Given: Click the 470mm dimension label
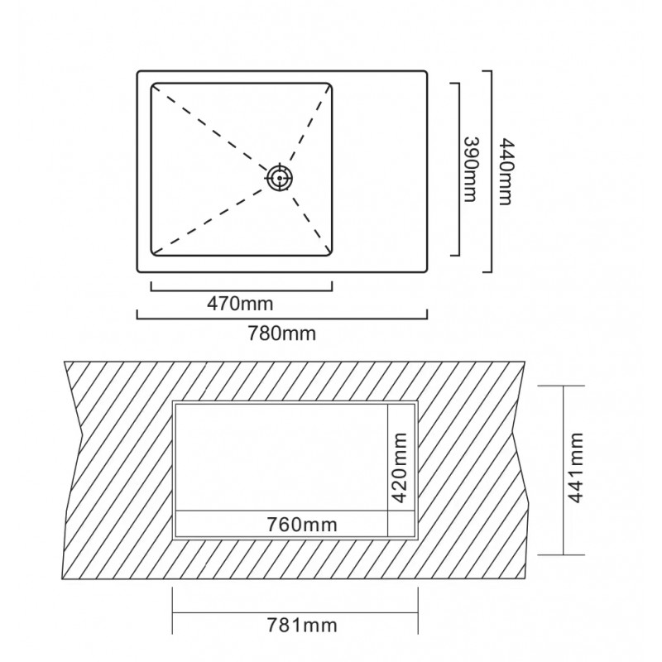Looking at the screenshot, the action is pyautogui.click(x=240, y=304).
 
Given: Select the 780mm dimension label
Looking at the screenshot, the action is pyautogui.click(x=281, y=333).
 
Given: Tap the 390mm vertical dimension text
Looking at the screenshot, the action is pyautogui.click(x=471, y=170).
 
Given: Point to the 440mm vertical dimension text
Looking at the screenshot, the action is pyautogui.click(x=506, y=171).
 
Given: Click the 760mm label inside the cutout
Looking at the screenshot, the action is pyautogui.click(x=302, y=525).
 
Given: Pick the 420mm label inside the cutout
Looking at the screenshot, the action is pyautogui.click(x=400, y=468).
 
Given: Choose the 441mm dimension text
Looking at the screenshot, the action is pyautogui.click(x=575, y=468).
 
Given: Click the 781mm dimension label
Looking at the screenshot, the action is pyautogui.click(x=302, y=626).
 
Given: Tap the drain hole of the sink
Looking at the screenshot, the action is pyautogui.click(x=280, y=178).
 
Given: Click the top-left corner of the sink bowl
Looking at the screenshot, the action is pyautogui.click(x=152, y=84).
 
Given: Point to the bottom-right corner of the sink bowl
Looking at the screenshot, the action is pyautogui.click(x=332, y=255).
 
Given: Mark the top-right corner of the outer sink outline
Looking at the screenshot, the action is pyautogui.click(x=426, y=72).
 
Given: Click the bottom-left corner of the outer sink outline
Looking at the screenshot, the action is pyautogui.click(x=137, y=271).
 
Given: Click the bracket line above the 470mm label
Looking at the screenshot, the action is pyautogui.click(x=242, y=290).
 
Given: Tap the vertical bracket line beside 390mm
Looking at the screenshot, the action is pyautogui.click(x=458, y=170).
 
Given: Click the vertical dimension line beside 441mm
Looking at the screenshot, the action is pyautogui.click(x=564, y=470).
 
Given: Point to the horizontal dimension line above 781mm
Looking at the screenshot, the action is pyautogui.click(x=295, y=612).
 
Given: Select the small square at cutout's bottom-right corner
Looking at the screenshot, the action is pyautogui.click(x=401, y=524).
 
